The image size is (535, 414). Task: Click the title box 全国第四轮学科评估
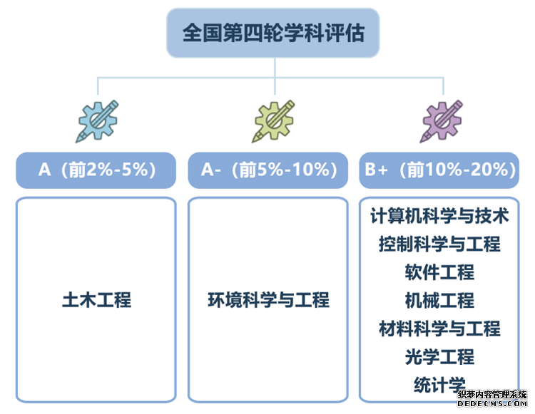tap(273, 33)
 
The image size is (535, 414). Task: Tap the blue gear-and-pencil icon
tap(97, 121)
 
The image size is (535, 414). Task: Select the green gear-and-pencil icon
tap(274, 121)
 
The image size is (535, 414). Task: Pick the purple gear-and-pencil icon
tap(442, 121)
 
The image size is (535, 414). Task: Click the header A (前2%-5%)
tap(96, 170)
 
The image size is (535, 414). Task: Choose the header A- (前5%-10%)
tap(268, 170)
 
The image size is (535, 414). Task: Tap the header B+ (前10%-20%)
tap(439, 170)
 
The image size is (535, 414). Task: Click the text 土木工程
tap(96, 300)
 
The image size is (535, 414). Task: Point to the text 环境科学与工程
tap(268, 300)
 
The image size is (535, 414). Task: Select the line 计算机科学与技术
tap(439, 216)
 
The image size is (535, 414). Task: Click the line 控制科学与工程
tap(439, 244)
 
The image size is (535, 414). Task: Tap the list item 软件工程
tap(439, 272)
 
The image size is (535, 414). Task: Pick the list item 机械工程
tap(439, 301)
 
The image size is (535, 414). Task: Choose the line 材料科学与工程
tap(439, 328)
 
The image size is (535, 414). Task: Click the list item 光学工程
tap(439, 357)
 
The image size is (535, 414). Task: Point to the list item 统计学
tap(439, 385)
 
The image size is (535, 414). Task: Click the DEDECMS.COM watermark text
tap(492, 404)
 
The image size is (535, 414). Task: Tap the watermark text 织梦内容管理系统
tap(492, 395)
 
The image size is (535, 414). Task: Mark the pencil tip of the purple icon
tap(421, 141)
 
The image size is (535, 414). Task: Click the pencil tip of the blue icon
tap(77, 141)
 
